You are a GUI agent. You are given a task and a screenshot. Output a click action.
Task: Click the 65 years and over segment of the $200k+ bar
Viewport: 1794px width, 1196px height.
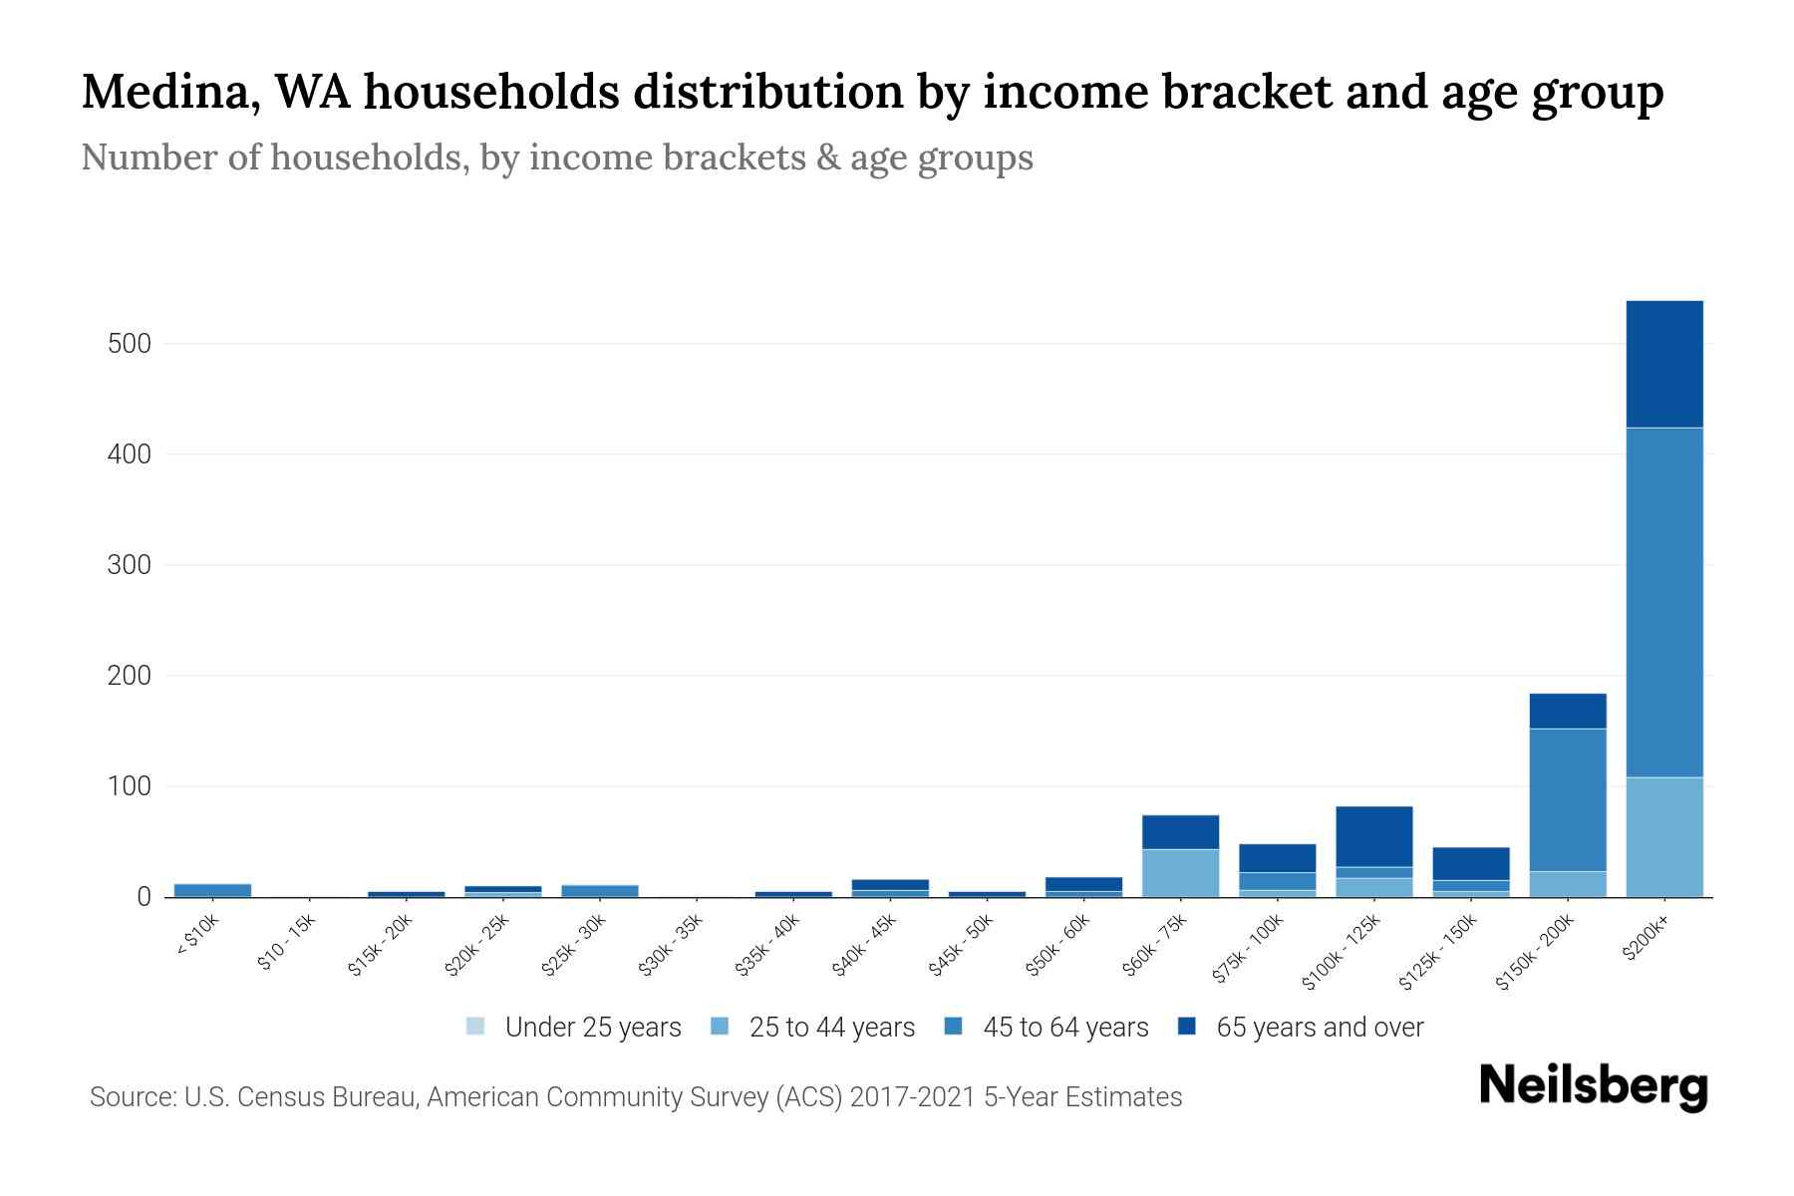(x=1663, y=364)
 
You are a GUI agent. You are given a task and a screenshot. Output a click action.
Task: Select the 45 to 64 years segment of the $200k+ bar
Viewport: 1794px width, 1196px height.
(x=1663, y=602)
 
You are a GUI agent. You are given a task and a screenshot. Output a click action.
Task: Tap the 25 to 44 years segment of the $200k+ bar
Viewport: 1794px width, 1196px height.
(x=1663, y=837)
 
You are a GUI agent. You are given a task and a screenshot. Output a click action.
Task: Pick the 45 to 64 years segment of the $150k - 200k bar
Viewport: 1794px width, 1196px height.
(x=1567, y=799)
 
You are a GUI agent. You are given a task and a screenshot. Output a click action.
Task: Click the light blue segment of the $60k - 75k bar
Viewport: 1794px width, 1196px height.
(x=1180, y=873)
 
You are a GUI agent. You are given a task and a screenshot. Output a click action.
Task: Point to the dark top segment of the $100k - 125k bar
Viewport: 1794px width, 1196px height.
(x=1373, y=836)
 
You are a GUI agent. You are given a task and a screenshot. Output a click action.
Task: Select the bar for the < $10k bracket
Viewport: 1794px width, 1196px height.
(x=212, y=890)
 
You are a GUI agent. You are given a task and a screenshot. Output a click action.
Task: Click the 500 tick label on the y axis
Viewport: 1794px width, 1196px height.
(x=129, y=344)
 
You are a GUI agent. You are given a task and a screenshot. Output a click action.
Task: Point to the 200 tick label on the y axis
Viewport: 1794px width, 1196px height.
(x=129, y=676)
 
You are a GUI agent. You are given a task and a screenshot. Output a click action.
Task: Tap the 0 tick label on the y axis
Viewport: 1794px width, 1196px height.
(x=144, y=897)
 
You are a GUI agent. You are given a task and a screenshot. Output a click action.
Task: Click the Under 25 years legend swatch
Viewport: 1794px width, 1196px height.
(x=475, y=1026)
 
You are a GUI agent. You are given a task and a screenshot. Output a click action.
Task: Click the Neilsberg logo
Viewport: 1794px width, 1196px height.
(x=1593, y=1086)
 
